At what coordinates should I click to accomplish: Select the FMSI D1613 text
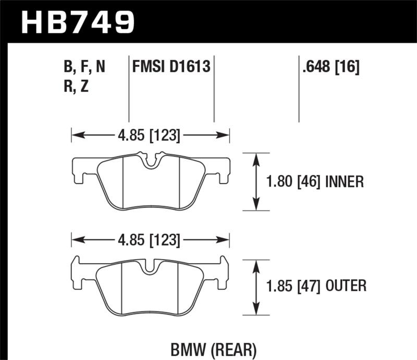click(171, 67)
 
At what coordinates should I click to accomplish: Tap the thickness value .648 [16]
click(330, 67)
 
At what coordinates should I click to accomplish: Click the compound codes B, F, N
click(84, 67)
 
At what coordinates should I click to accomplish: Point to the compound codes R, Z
click(76, 86)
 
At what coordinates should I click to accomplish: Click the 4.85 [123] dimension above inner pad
click(151, 136)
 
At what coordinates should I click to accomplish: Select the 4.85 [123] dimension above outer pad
click(151, 241)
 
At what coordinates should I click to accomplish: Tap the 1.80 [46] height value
click(295, 181)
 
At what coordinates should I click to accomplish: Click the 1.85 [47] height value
click(295, 285)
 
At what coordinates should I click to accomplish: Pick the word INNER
click(344, 181)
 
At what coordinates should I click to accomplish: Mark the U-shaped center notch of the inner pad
click(151, 162)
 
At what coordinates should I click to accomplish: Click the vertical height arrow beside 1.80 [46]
click(256, 181)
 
